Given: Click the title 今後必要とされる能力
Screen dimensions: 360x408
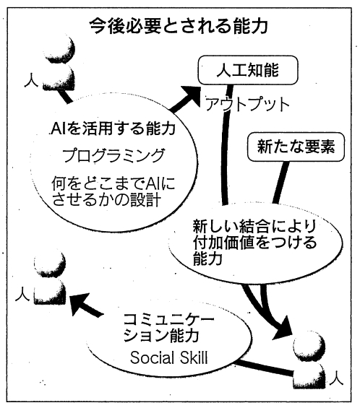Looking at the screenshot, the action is pos(178,26).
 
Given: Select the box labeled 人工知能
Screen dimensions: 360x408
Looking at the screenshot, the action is pos(248,70).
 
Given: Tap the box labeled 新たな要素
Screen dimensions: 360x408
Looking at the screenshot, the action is pos(296,147).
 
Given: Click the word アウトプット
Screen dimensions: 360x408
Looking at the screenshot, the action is pos(247,104).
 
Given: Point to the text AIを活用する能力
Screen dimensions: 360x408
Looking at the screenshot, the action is pos(113,128).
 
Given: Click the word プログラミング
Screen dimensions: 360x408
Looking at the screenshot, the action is pos(113,155).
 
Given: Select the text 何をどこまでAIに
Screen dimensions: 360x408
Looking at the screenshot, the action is pos(113,183).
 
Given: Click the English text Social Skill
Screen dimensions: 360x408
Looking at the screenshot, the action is pos(169,357).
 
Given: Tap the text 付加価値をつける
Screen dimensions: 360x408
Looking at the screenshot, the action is pos(254,242).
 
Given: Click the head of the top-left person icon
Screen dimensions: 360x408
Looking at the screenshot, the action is pos(60,49).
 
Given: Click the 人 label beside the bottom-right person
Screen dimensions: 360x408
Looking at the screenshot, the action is pos(336,378).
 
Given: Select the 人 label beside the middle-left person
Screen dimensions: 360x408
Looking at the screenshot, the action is pos(22,294).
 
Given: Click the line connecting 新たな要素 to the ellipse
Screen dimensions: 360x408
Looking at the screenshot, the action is pos(280,183).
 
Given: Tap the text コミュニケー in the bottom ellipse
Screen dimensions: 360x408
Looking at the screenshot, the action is pos(168,319).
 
